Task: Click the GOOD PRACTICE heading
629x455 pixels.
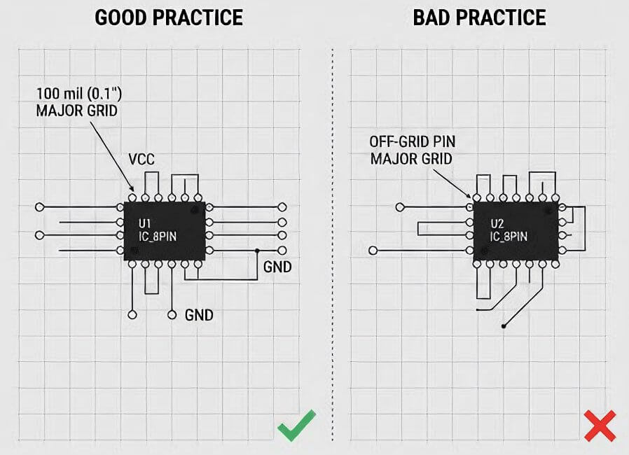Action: [169, 17]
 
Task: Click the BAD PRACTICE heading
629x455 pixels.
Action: [479, 17]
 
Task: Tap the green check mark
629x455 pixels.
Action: [297, 425]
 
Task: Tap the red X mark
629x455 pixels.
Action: [600, 426]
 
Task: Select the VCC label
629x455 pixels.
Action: [141, 159]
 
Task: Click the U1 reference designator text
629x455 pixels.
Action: [144, 223]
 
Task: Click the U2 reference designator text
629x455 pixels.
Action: [497, 223]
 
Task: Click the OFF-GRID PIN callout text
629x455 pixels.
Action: [413, 141]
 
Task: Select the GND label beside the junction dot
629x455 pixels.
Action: [277, 267]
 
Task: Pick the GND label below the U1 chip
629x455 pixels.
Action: [199, 315]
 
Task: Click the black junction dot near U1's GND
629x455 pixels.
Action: [257, 251]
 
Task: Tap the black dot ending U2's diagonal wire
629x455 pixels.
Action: [504, 326]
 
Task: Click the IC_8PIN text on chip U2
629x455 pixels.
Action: [509, 237]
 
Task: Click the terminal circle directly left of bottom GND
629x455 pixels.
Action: [172, 315]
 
